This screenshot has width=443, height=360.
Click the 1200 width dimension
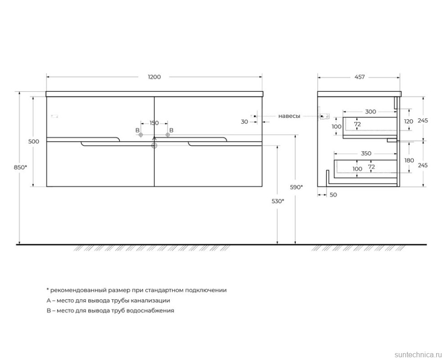click(x=154, y=77)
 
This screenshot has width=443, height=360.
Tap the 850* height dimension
click(x=21, y=167)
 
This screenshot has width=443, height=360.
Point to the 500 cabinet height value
click(x=34, y=141)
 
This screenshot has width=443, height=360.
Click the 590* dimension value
click(x=296, y=187)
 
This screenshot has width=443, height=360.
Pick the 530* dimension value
click(x=278, y=201)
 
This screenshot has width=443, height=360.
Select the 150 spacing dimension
click(x=154, y=123)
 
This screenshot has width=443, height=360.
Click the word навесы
click(x=289, y=116)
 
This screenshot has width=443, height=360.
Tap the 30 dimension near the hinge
click(x=244, y=122)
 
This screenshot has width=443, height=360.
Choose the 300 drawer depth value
click(x=370, y=111)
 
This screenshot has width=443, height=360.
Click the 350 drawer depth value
click(x=366, y=154)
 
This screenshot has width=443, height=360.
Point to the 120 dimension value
click(x=409, y=121)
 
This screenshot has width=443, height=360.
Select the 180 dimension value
click(x=409, y=160)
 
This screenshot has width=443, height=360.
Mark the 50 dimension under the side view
click(x=333, y=195)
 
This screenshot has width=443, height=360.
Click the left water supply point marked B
click(x=141, y=135)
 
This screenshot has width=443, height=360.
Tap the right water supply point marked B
click(x=168, y=135)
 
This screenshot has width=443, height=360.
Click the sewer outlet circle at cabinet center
click(x=154, y=146)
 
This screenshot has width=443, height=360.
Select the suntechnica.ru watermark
click(x=418, y=355)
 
